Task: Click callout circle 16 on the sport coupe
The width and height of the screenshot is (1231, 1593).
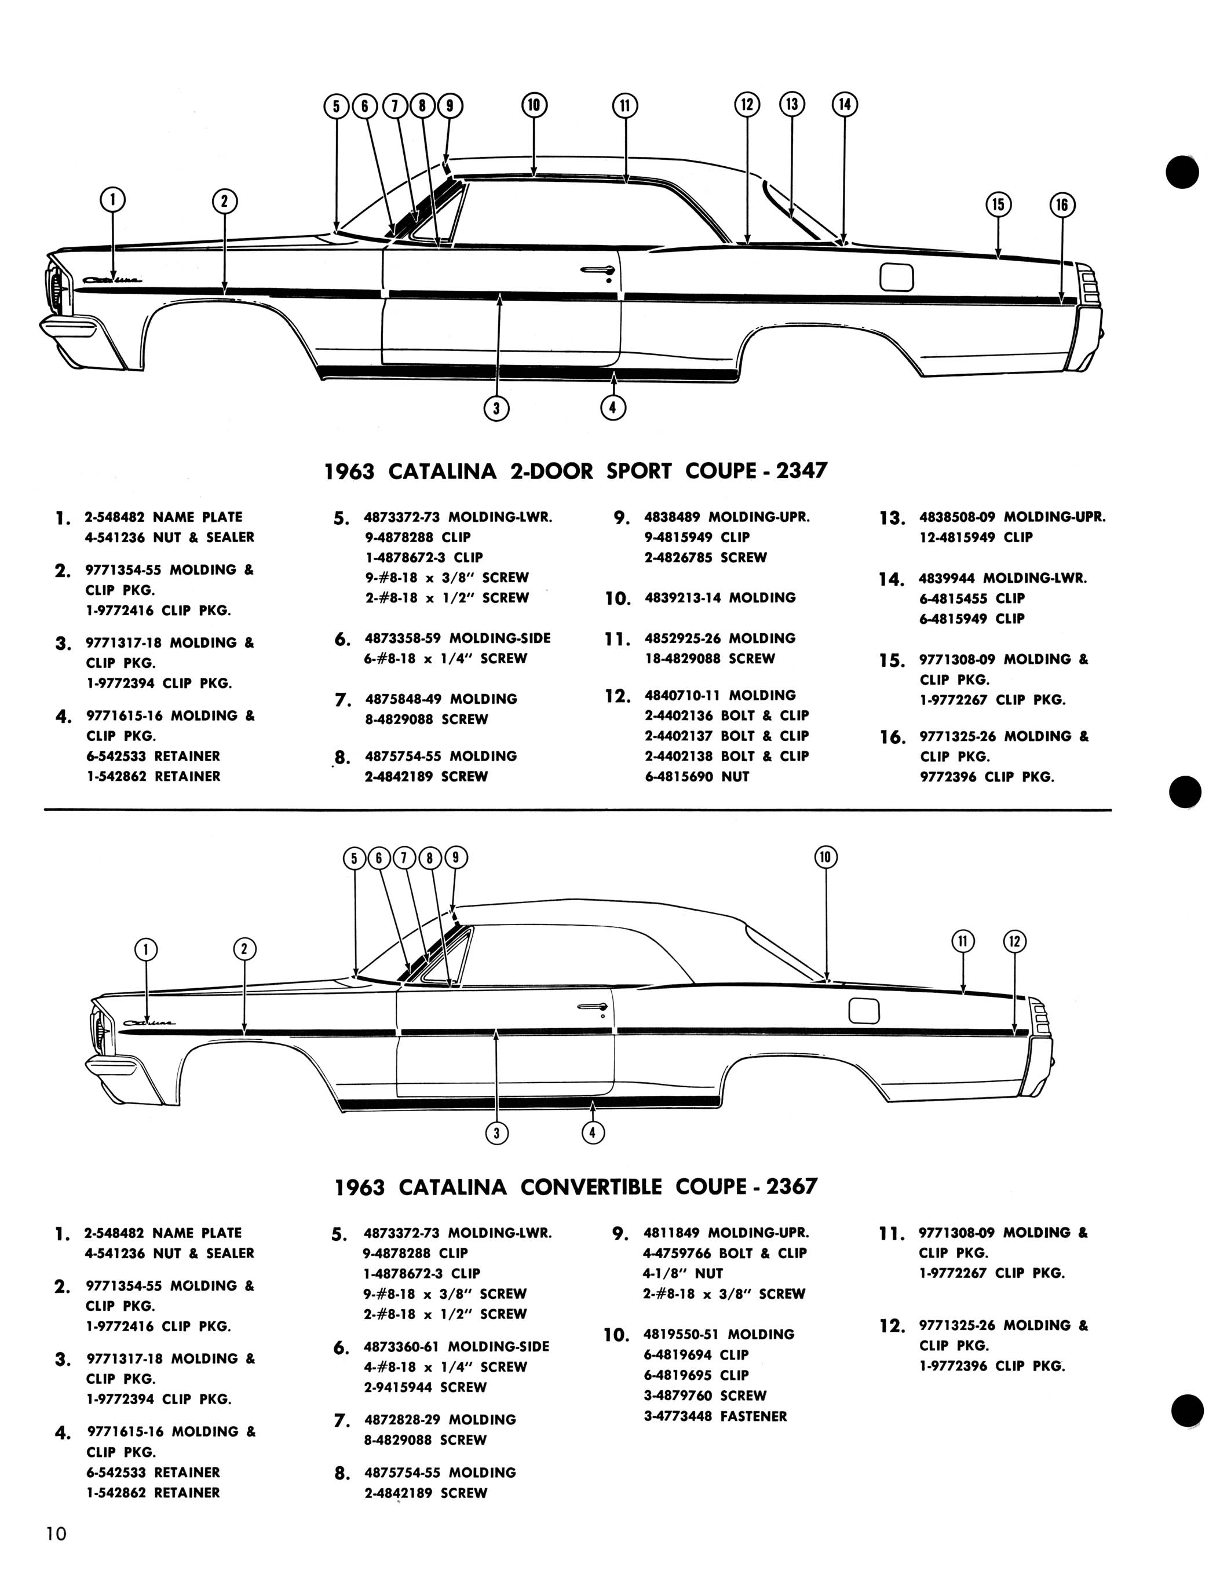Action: pos(1061,205)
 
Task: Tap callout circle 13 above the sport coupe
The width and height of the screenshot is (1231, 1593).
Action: pos(792,104)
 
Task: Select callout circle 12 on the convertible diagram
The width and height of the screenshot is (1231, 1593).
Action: pos(1014,942)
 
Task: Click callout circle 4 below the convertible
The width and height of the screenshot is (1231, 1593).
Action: pos(593,1132)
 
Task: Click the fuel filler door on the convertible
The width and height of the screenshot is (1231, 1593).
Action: pos(864,1010)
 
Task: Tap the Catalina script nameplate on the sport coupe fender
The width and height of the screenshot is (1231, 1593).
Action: pos(112,279)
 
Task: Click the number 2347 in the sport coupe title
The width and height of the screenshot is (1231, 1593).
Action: pos(802,470)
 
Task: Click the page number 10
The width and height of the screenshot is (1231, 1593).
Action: pos(56,1533)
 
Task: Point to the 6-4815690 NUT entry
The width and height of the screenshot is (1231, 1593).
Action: pos(697,777)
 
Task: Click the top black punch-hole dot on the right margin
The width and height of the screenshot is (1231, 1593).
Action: pos(1182,172)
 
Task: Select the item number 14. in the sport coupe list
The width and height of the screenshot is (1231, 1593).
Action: pos(891,580)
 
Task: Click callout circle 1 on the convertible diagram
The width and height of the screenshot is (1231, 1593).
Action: pos(147,949)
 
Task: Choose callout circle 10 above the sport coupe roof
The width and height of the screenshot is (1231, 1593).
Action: pos(534,105)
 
